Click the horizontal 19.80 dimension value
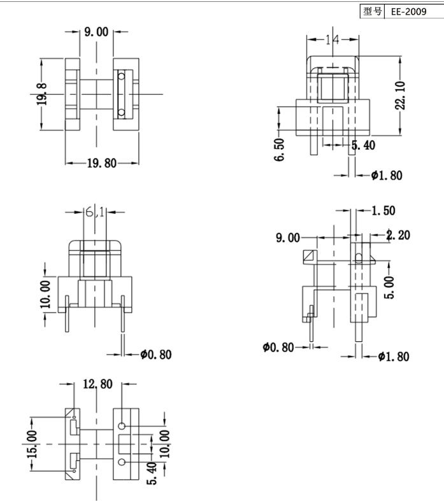tap(102, 164)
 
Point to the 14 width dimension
tap(331, 40)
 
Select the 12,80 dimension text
tap(97, 384)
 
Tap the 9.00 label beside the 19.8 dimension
tap(96, 32)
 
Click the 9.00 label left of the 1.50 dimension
tap(287, 238)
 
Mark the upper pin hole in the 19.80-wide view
tap(122, 76)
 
